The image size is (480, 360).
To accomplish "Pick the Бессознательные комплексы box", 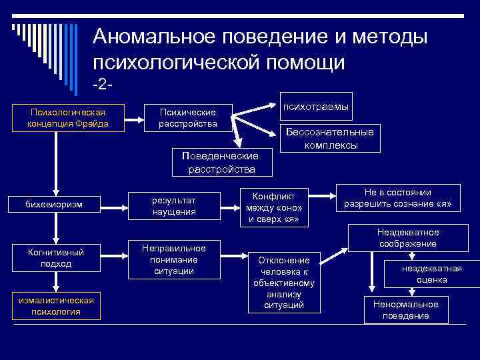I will (329, 138).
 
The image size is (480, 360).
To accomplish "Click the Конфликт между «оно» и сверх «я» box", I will (273, 206).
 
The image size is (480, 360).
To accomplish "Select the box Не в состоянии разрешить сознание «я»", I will (398, 197).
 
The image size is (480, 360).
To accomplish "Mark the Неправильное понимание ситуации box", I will (174, 258).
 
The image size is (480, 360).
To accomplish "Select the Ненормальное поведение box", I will (406, 309).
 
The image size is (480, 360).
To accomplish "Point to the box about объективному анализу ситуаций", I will (284, 283).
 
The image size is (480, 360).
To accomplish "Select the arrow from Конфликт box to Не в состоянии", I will (323, 197).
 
